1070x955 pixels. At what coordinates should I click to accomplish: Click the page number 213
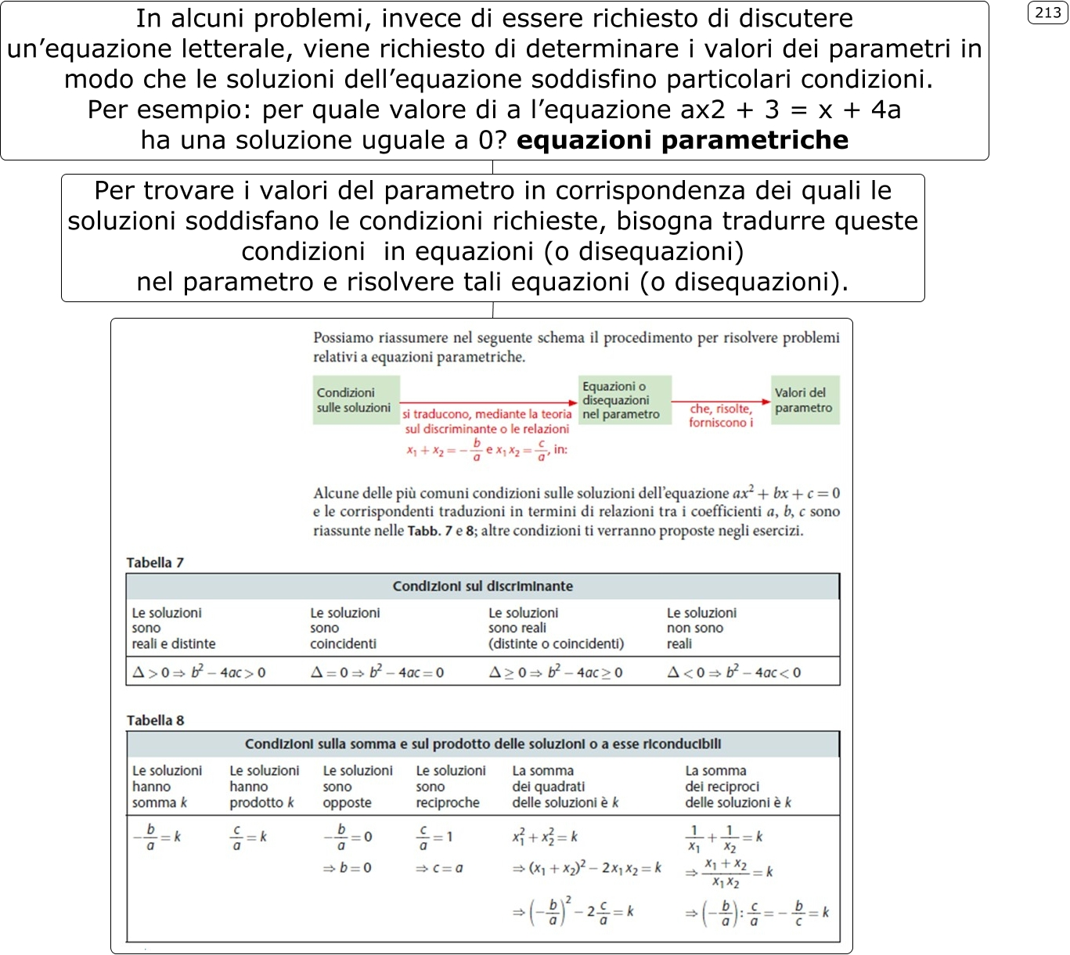pyautogui.click(x=1047, y=13)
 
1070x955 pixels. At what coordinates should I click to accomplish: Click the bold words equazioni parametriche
pyautogui.click(x=683, y=140)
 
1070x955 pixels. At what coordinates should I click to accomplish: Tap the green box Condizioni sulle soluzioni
pyautogui.click(x=356, y=400)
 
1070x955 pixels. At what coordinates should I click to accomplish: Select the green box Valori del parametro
pyautogui.click(x=805, y=400)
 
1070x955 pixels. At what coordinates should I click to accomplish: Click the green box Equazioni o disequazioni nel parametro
pyautogui.click(x=624, y=400)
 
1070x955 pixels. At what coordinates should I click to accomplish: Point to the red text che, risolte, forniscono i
pyautogui.click(x=721, y=416)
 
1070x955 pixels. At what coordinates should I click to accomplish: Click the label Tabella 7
pyautogui.click(x=155, y=563)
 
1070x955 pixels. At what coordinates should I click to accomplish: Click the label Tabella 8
pyautogui.click(x=155, y=721)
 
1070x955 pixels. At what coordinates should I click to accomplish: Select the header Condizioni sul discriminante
pyautogui.click(x=482, y=586)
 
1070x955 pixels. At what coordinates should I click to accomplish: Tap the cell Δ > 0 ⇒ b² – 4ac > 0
pyautogui.click(x=199, y=672)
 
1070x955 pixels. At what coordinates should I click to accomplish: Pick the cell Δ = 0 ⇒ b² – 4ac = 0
pyautogui.click(x=377, y=672)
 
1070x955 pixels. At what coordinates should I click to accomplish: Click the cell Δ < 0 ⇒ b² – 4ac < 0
pyautogui.click(x=733, y=672)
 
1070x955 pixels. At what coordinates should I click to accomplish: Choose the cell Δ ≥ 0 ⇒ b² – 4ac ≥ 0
pyautogui.click(x=556, y=672)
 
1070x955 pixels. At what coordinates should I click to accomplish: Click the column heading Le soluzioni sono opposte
pyautogui.click(x=358, y=787)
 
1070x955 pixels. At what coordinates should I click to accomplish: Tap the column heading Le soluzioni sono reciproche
pyautogui.click(x=450, y=787)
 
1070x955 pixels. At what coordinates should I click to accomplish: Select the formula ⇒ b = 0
pyautogui.click(x=348, y=868)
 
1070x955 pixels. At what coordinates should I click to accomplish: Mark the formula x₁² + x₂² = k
pyautogui.click(x=545, y=837)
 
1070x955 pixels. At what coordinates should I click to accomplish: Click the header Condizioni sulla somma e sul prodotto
pyautogui.click(x=482, y=744)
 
